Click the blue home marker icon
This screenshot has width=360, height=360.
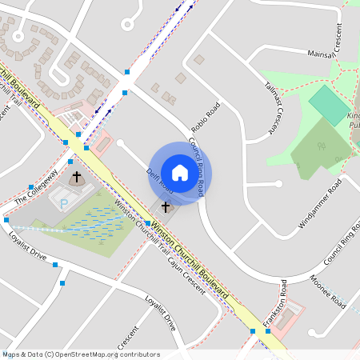click(x=180, y=173)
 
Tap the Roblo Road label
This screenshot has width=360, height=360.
click(x=206, y=118)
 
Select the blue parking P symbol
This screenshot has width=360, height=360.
click(x=64, y=204)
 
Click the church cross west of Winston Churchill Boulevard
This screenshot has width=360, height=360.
click(x=78, y=176)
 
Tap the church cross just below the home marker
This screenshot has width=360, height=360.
click(x=166, y=207)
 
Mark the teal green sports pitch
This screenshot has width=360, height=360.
click(x=329, y=105)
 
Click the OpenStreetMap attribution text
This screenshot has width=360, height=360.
click(x=80, y=354)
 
